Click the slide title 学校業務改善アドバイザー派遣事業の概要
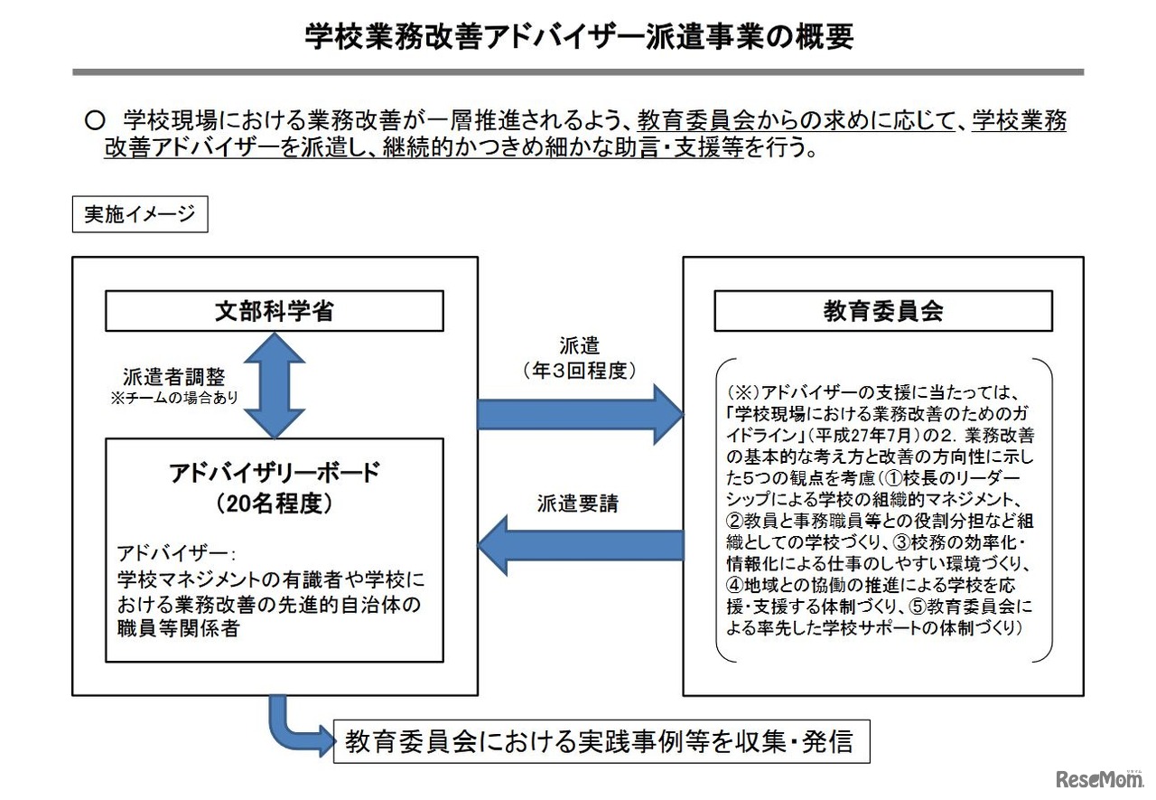click(x=578, y=37)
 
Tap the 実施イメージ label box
click(x=140, y=214)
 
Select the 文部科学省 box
click(x=275, y=311)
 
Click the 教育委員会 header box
click(x=882, y=311)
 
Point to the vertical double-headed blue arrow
click(x=275, y=385)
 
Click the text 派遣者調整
click(x=173, y=377)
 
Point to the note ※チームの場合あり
click(x=173, y=398)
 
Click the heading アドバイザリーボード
click(x=275, y=472)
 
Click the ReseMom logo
click(x=1097, y=778)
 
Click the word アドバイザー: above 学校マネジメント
click(x=176, y=552)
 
